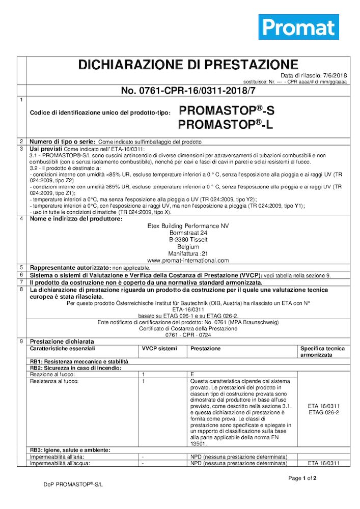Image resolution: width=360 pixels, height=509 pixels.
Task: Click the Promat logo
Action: coord(298,26)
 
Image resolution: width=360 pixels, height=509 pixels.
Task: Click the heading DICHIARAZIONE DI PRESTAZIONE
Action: coord(188,65)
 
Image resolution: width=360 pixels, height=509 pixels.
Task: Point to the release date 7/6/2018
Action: coord(334,75)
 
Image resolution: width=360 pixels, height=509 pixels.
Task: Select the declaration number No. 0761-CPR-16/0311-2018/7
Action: coord(188,91)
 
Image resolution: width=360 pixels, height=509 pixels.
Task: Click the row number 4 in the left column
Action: coord(21,219)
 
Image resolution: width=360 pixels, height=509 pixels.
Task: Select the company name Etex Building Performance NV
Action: coord(188,225)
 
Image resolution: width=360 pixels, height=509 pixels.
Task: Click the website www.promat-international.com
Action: coord(188,260)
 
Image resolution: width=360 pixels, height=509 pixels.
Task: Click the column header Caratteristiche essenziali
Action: coord(62,349)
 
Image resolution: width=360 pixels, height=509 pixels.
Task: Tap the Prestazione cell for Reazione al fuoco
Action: coord(192,374)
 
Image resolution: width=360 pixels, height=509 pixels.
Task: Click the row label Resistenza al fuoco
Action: coord(54,381)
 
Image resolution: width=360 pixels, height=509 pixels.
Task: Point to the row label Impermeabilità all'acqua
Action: coord(60,463)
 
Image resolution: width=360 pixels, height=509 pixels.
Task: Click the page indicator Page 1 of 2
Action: coord(302,478)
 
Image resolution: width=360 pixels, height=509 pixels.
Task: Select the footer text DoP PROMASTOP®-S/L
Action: coord(73,485)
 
